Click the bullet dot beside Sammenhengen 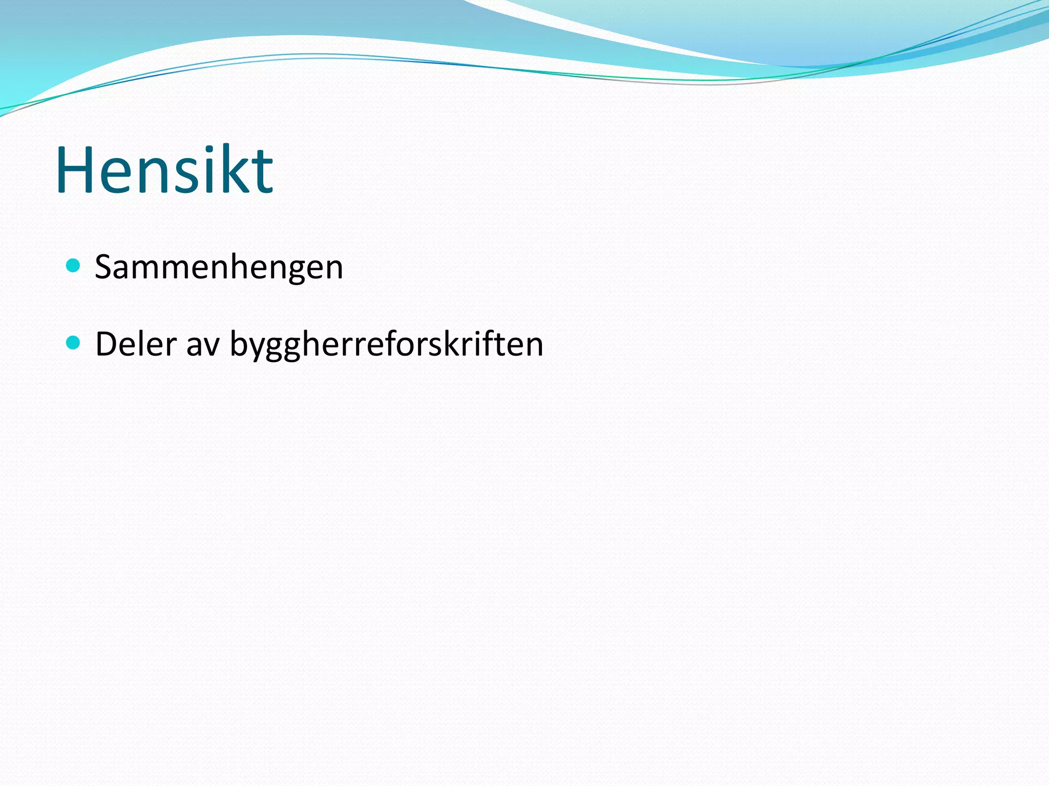coord(73,266)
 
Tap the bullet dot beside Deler coord(73,342)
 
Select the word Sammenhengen coord(219,268)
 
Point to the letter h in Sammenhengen coord(246,267)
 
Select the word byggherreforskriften coord(386,345)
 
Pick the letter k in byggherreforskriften coord(464,343)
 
